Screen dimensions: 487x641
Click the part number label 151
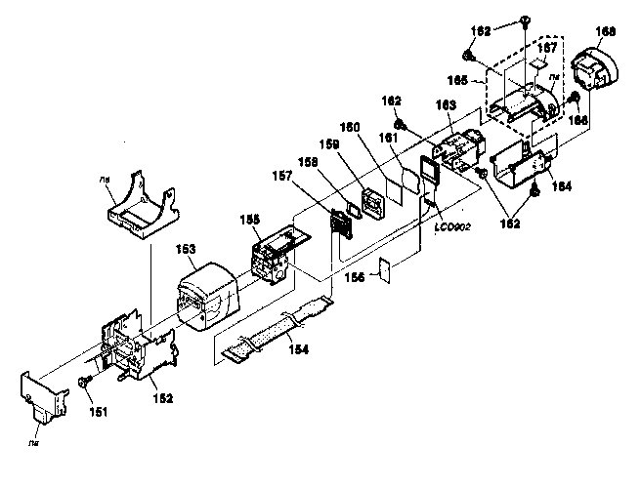[x=101, y=411]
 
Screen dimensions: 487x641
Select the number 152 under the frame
[x=162, y=397]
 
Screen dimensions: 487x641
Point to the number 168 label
[x=606, y=31]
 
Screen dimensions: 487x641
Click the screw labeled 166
[x=576, y=100]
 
